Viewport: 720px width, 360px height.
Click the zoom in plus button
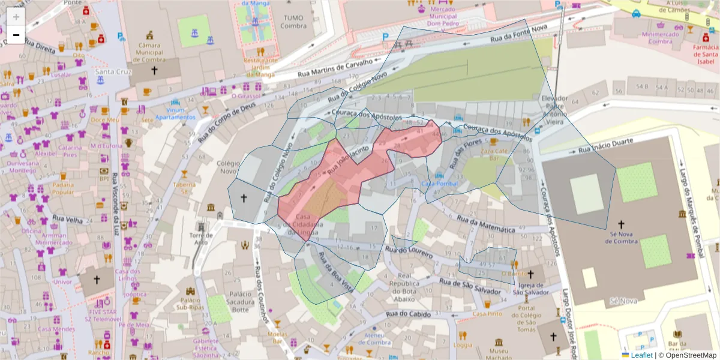[16, 17]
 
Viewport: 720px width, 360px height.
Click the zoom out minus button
[16, 35]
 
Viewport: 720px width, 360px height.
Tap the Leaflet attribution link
[641, 355]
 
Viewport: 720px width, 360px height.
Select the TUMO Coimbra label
[293, 22]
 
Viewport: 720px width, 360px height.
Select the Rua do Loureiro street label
[409, 252]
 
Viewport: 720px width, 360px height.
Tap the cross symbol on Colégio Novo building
[244, 197]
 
